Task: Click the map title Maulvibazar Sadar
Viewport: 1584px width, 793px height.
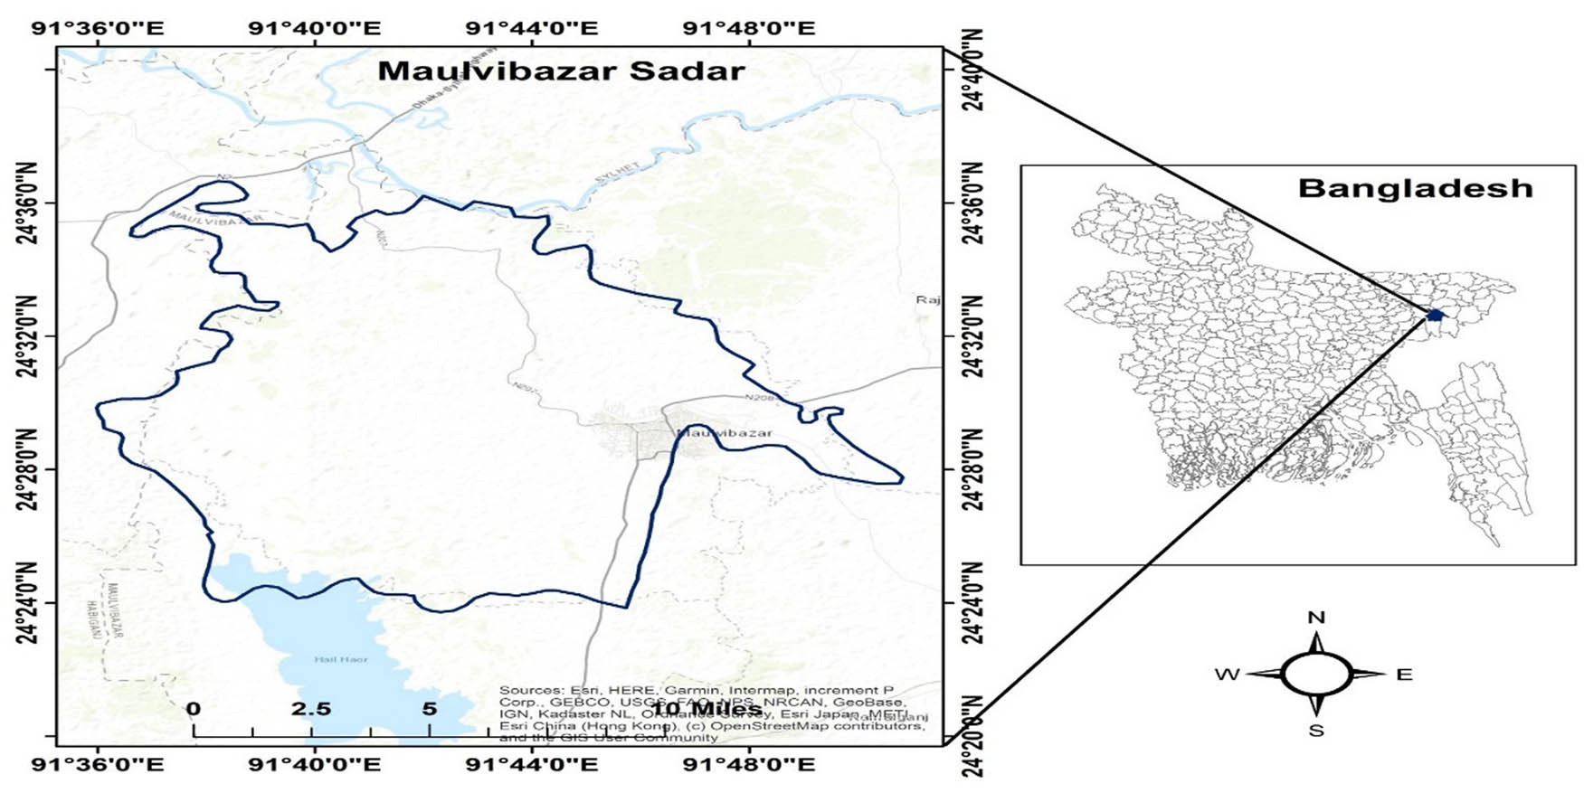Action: tap(561, 71)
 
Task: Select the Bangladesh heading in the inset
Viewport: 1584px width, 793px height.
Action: tap(1415, 188)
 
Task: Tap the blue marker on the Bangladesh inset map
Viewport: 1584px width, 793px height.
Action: tap(1435, 315)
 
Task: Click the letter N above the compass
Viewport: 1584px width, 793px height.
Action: tap(1316, 618)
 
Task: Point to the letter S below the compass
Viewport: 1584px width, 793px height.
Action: tap(1316, 731)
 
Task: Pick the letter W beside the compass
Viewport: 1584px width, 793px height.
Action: tap(1227, 675)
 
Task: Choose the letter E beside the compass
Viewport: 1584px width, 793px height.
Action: tap(1404, 675)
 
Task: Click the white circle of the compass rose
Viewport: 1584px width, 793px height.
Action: tap(1316, 675)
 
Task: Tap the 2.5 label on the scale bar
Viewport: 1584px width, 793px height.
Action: tap(310, 709)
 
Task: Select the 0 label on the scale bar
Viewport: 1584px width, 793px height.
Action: tap(194, 709)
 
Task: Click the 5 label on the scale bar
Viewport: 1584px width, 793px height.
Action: tap(429, 709)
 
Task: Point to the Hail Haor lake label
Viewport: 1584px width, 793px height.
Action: tap(341, 659)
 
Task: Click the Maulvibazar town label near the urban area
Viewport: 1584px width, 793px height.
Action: tap(725, 433)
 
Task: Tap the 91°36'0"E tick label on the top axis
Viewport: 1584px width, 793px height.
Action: tap(98, 27)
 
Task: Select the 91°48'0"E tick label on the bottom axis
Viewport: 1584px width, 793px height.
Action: tap(749, 765)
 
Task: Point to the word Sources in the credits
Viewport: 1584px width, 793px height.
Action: tap(529, 690)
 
